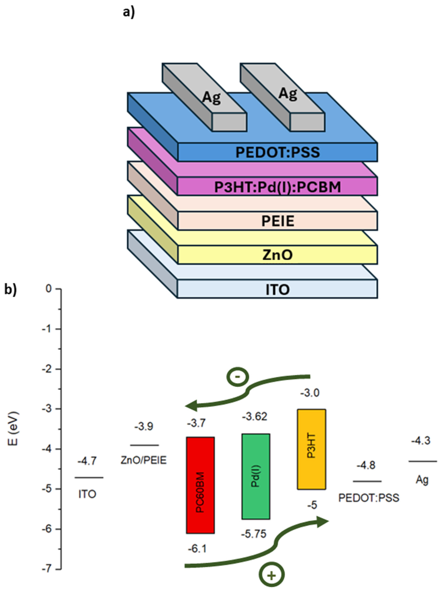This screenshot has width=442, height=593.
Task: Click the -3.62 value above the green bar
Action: (254, 416)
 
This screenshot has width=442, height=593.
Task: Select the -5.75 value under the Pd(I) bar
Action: (254, 534)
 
